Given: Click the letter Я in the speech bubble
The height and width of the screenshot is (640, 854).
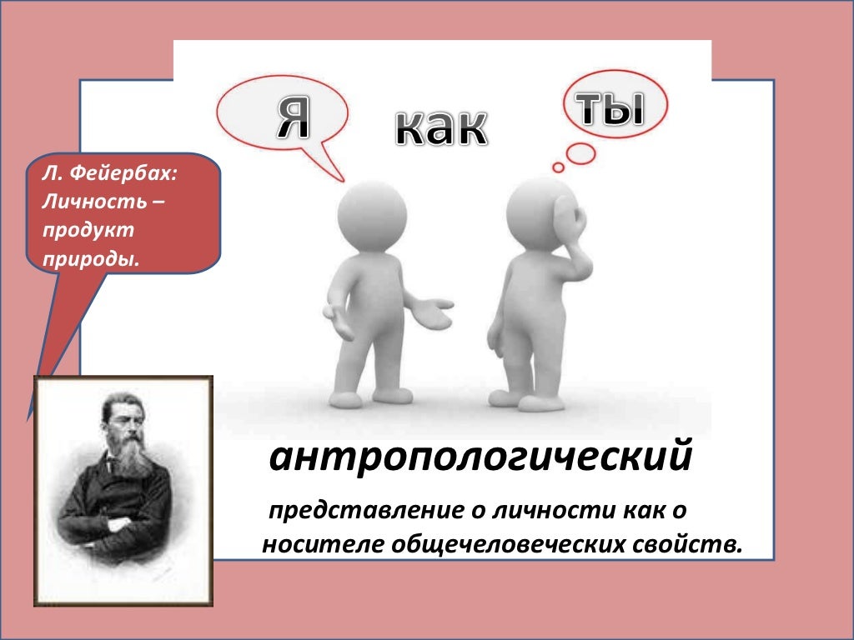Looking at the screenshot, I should (x=293, y=117).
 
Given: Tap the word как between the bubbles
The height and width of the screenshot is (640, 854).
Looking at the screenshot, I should (x=440, y=127).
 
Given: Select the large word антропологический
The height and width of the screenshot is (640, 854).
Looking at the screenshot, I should (x=480, y=457).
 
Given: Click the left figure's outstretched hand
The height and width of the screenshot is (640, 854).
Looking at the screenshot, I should (x=435, y=312).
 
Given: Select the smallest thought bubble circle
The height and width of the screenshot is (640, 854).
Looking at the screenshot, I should (x=559, y=167).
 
